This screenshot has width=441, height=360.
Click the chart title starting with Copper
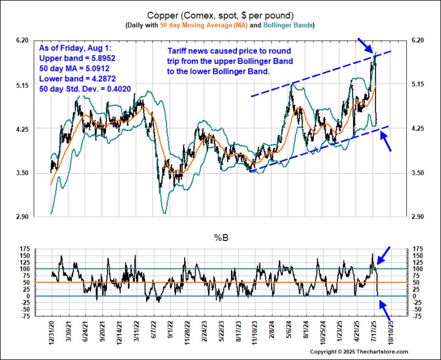coord(220,15)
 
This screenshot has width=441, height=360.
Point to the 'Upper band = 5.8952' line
coord(76,57)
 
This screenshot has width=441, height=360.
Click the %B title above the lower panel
coord(220,238)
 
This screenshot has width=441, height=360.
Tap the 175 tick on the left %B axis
coord(26,250)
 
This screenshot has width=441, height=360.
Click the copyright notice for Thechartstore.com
coord(358,352)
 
